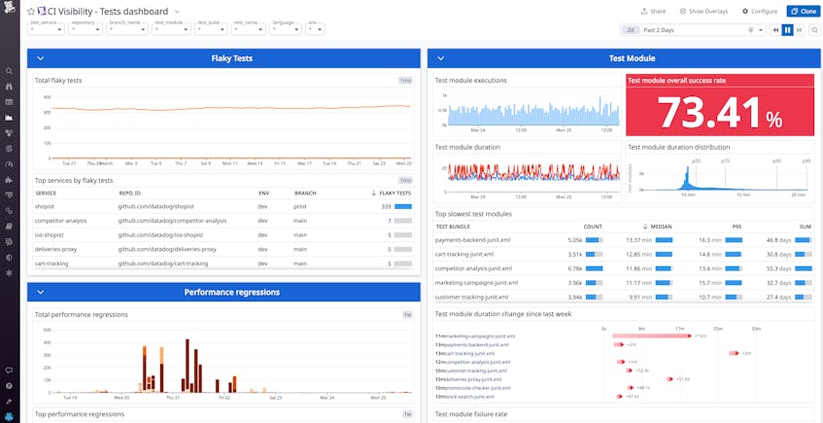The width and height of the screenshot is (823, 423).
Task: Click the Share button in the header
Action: (653, 11)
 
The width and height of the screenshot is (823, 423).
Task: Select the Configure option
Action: (759, 11)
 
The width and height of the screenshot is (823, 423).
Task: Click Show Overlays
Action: (704, 11)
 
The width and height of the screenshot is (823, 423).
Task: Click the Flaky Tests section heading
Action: (232, 58)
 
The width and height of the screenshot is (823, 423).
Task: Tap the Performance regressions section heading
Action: (232, 292)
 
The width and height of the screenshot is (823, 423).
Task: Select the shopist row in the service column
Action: (45, 206)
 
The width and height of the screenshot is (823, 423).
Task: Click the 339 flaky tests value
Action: (386, 206)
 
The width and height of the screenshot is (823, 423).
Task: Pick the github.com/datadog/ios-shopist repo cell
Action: (161, 234)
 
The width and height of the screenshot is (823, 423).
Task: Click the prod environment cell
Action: (264, 206)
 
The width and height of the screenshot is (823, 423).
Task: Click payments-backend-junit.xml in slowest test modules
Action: (473, 239)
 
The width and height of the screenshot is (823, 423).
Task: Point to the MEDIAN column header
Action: (661, 227)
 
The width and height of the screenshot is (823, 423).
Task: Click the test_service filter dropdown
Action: (46, 29)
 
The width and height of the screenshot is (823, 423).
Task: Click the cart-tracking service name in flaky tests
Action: (52, 263)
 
